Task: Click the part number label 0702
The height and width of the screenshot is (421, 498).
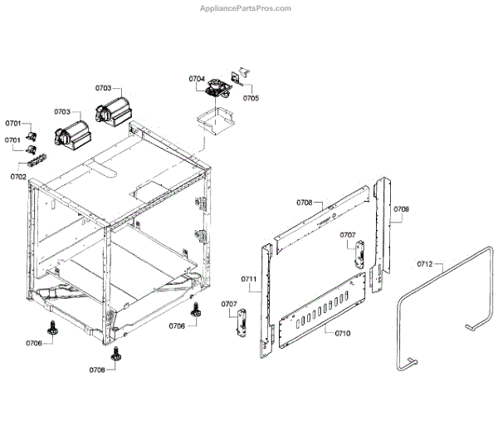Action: [x=18, y=177]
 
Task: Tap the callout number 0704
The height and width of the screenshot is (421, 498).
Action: [x=197, y=79]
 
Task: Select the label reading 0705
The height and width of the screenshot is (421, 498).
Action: [x=250, y=98]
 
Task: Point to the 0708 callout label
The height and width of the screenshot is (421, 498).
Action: [x=304, y=203]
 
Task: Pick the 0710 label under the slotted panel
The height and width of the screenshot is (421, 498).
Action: [x=343, y=333]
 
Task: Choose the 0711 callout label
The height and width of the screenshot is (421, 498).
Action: [x=249, y=278]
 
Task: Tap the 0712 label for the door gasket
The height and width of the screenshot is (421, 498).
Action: [x=424, y=264]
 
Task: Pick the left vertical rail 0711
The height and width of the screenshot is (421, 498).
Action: [x=266, y=299]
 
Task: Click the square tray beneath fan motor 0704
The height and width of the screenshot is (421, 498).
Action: [x=212, y=118]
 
